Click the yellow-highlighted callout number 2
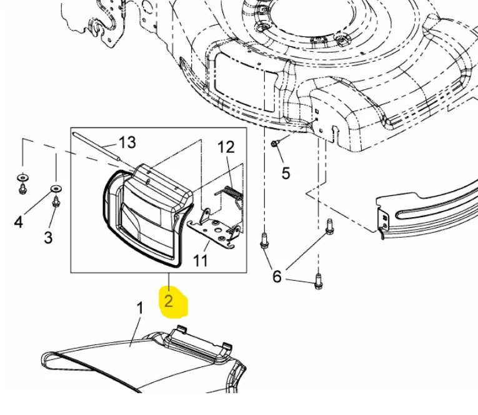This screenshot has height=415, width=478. click(x=169, y=301)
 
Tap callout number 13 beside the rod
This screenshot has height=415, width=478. click(x=127, y=142)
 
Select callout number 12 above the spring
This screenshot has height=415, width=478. click(x=226, y=147)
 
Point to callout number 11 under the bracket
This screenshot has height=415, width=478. click(x=201, y=261)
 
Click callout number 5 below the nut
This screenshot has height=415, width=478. click(x=286, y=173)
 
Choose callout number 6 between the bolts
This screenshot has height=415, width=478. click(x=277, y=276)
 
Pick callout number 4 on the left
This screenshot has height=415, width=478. click(x=19, y=222)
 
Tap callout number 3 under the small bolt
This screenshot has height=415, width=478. click(x=48, y=237)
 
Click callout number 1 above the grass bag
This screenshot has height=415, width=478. click(x=139, y=308)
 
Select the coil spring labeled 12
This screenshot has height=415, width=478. click(x=233, y=193)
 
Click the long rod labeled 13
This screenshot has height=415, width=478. click(x=96, y=145)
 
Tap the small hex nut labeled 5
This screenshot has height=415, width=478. click(x=274, y=143)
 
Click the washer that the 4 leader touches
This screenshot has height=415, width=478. click(x=56, y=188)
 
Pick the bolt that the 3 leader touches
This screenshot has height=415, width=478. click(x=56, y=202)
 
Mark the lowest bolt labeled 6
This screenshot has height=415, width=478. click(x=318, y=281)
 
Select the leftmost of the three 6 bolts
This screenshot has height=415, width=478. click(x=264, y=240)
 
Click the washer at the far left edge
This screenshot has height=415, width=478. click(x=22, y=177)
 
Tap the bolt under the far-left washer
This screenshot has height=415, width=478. click(x=22, y=188)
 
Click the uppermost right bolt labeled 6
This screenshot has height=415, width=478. click(x=329, y=227)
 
